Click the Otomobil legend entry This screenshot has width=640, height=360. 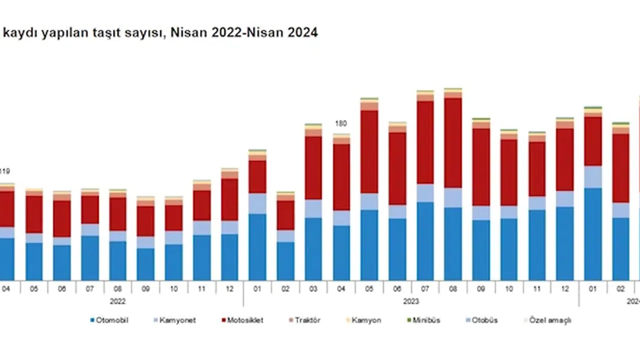(109, 320)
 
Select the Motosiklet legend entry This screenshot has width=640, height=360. (242, 320)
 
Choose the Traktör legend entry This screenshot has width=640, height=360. (305, 320)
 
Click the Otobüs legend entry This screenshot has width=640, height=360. (483, 320)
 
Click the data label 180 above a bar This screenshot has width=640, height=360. (341, 123)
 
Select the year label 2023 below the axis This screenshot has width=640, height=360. (411, 301)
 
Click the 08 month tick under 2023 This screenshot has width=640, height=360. (453, 289)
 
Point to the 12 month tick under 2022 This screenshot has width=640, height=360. (229, 289)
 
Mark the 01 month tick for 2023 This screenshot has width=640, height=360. (257, 289)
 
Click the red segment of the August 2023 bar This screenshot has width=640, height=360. (453, 142)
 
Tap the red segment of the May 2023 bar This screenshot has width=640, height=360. (369, 151)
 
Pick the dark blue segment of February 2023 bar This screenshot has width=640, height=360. (285, 261)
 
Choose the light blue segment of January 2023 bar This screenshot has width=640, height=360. (257, 203)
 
